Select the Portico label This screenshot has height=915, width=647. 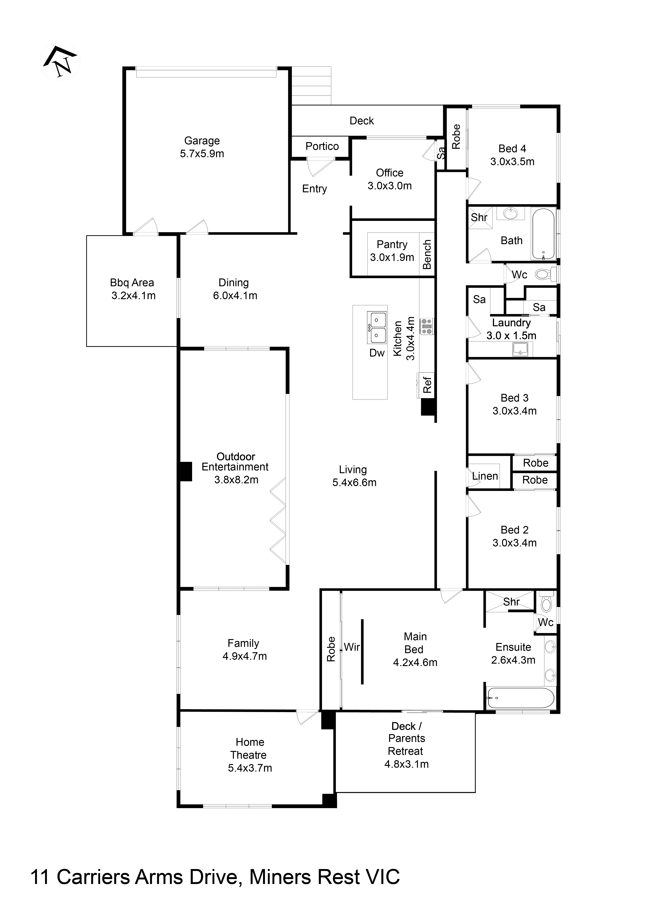322,146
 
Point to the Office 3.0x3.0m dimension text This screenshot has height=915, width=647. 389,186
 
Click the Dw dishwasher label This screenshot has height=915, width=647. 377,353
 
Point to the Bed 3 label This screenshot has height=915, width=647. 514,398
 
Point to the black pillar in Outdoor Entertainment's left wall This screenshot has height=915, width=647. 186,471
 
